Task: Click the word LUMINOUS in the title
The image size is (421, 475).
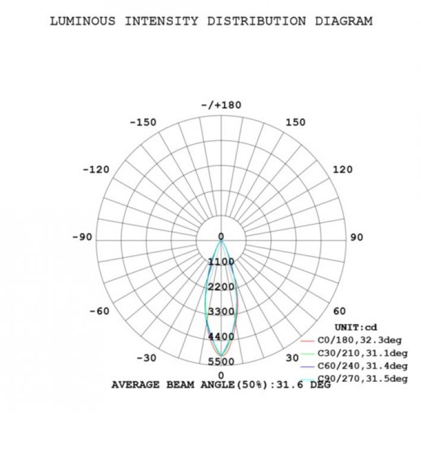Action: click(83, 21)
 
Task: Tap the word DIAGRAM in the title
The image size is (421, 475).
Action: click(344, 21)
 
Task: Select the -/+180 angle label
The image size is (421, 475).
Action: click(221, 105)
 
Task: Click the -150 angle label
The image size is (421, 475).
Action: click(143, 122)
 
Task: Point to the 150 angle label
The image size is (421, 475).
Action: click(296, 122)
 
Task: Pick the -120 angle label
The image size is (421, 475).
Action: click(96, 169)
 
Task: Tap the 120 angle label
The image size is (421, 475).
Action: click(343, 169)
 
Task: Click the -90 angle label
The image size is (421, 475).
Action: click(82, 237)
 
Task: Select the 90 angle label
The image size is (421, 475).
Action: click(357, 237)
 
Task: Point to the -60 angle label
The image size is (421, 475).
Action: click(99, 311)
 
